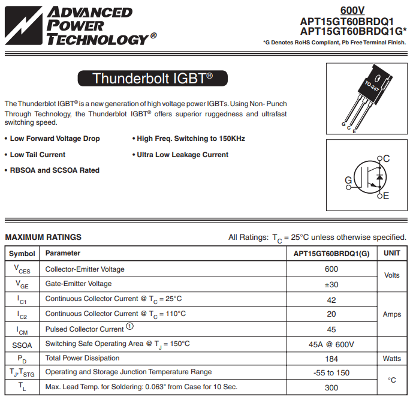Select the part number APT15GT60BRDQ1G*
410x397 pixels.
(x=353, y=31)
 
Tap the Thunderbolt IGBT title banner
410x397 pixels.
(x=152, y=78)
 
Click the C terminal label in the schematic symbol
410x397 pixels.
(x=386, y=158)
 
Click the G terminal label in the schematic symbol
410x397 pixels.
(x=348, y=180)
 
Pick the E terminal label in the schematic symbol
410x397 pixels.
(x=386, y=196)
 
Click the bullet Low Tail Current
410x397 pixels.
(x=38, y=155)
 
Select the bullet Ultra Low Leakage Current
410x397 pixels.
(x=182, y=155)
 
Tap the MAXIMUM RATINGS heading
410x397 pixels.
(x=43, y=237)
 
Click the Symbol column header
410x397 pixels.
(x=22, y=254)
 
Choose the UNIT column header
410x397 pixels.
(x=392, y=253)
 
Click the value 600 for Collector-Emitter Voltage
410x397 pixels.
(x=331, y=269)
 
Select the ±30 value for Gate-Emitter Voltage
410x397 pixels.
(x=331, y=284)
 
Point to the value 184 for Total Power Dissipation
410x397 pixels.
(x=331, y=359)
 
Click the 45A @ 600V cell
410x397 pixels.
(x=331, y=344)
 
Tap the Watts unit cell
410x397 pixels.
(x=392, y=359)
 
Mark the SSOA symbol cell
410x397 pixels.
(x=22, y=344)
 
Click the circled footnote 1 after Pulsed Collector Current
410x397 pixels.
(x=129, y=327)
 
